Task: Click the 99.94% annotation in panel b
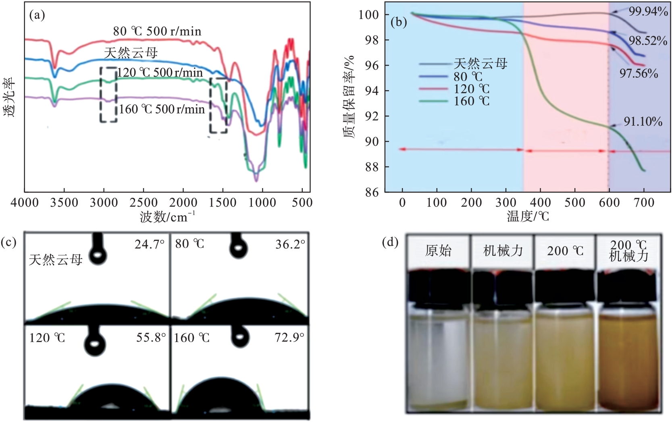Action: point(648,11)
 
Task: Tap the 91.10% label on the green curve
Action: point(643,121)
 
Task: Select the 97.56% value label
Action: point(639,73)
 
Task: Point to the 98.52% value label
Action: point(648,40)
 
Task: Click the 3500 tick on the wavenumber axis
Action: point(64,202)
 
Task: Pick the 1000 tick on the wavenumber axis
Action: point(262,202)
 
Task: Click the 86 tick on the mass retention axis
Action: point(372,192)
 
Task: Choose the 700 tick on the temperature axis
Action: point(644,202)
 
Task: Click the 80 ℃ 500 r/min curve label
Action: point(157,31)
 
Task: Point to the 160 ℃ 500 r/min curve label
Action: point(162,109)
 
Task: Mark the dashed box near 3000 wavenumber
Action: point(108,95)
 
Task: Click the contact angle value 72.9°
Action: point(289,337)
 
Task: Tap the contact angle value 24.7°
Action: point(149,244)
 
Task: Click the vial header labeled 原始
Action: point(438,251)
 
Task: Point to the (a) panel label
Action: point(37,15)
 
